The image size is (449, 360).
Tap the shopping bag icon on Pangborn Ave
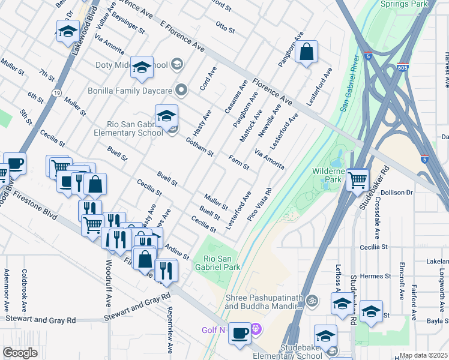[306, 53]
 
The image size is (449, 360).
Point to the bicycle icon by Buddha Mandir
[311, 300]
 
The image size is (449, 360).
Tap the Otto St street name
[224, 25]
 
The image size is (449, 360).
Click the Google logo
[20, 353]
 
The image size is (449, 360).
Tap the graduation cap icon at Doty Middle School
[142, 67]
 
